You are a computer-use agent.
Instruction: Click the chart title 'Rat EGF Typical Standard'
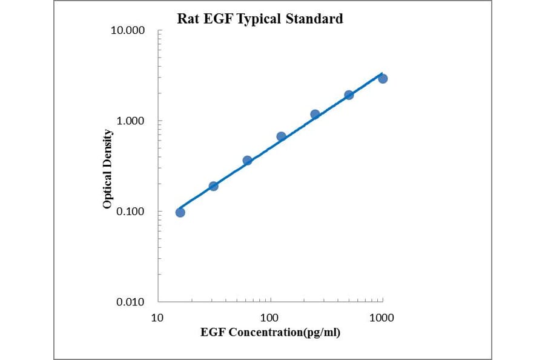pos(260,19)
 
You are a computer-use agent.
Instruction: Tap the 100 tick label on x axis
pos(269,318)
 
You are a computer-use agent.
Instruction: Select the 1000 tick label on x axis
pos(382,318)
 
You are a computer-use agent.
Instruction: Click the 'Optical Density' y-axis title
pos(108,169)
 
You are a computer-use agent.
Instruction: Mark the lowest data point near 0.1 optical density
pos(180,212)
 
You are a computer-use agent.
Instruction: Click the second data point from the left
pos(213,186)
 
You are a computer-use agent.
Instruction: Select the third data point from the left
pos(247,161)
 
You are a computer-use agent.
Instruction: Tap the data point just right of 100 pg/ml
pos(281,136)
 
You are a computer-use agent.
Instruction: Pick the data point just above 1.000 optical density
pos(315,114)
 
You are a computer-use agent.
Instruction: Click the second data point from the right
pos(349,95)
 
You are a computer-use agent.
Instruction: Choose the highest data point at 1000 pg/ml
pos(383,79)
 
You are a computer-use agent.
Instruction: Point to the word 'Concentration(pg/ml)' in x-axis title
pos(287,333)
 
